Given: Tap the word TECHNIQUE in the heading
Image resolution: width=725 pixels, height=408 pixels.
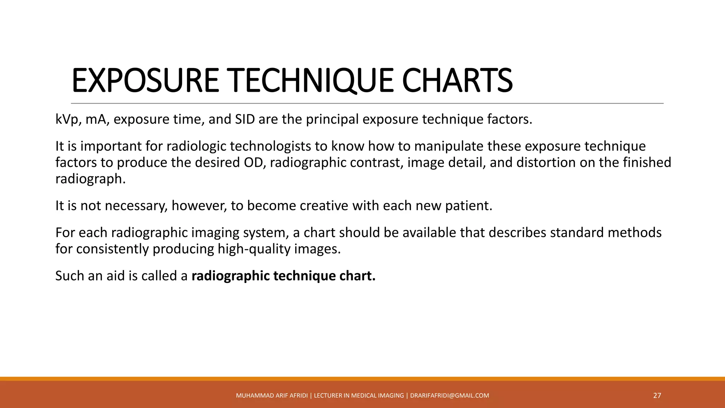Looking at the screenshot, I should coord(310,81).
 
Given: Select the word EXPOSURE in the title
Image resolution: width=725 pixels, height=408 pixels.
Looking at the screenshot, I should coord(145,81).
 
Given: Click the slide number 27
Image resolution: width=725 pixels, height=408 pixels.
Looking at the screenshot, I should coord(657,396).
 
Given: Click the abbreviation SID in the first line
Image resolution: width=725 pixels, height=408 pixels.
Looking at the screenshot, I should coord(245,119).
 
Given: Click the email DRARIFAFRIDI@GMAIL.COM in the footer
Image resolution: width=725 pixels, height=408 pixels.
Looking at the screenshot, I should coord(450,396).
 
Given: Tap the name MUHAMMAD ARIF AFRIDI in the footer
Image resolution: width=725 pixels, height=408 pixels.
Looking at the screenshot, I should coord(272,396).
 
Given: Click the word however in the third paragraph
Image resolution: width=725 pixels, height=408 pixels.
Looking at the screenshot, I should coord(199,206).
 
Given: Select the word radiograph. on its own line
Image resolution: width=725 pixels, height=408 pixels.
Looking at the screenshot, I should coord(91,179).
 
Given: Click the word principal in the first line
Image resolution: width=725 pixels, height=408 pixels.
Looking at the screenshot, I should coord(332,119).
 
